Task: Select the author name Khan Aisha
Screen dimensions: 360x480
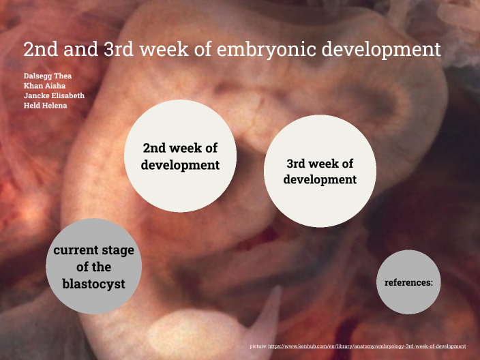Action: point(40,85)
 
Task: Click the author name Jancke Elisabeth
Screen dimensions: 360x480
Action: point(52,95)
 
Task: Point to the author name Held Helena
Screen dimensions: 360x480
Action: point(42,106)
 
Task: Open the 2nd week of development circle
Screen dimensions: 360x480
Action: point(180,157)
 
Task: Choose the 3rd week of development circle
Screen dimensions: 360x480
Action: point(319,171)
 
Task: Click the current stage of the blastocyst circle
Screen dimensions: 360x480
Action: point(94,267)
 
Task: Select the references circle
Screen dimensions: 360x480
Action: point(408,282)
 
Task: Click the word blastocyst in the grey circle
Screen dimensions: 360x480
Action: point(94,284)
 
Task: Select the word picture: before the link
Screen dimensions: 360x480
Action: point(258,347)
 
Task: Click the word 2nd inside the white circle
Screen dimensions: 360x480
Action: point(155,149)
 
